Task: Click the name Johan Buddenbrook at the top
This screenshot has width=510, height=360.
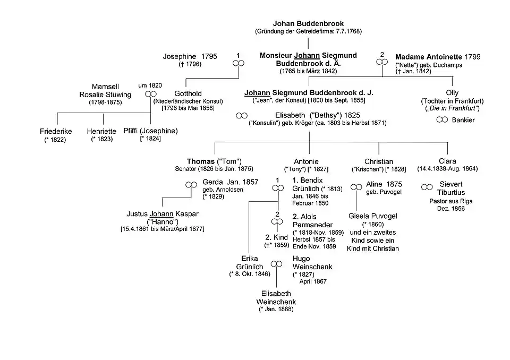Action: [308, 23]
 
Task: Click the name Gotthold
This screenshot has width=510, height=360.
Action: [188, 94]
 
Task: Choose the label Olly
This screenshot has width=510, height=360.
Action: [452, 93]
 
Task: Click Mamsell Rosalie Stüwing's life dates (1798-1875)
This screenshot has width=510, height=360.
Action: [111, 102]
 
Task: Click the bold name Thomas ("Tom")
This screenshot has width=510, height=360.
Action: [214, 161]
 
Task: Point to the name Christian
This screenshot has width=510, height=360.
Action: [379, 161]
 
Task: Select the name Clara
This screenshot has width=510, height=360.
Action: [447, 161]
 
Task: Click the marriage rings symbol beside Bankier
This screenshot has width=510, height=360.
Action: [442, 120]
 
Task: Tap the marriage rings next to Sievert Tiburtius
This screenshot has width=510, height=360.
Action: [427, 187]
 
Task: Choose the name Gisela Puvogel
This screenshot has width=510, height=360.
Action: [372, 216]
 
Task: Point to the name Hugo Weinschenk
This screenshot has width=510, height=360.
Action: [308, 263]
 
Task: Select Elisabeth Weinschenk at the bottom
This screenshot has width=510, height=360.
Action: [276, 297]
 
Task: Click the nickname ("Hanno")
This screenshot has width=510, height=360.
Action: [162, 221]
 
